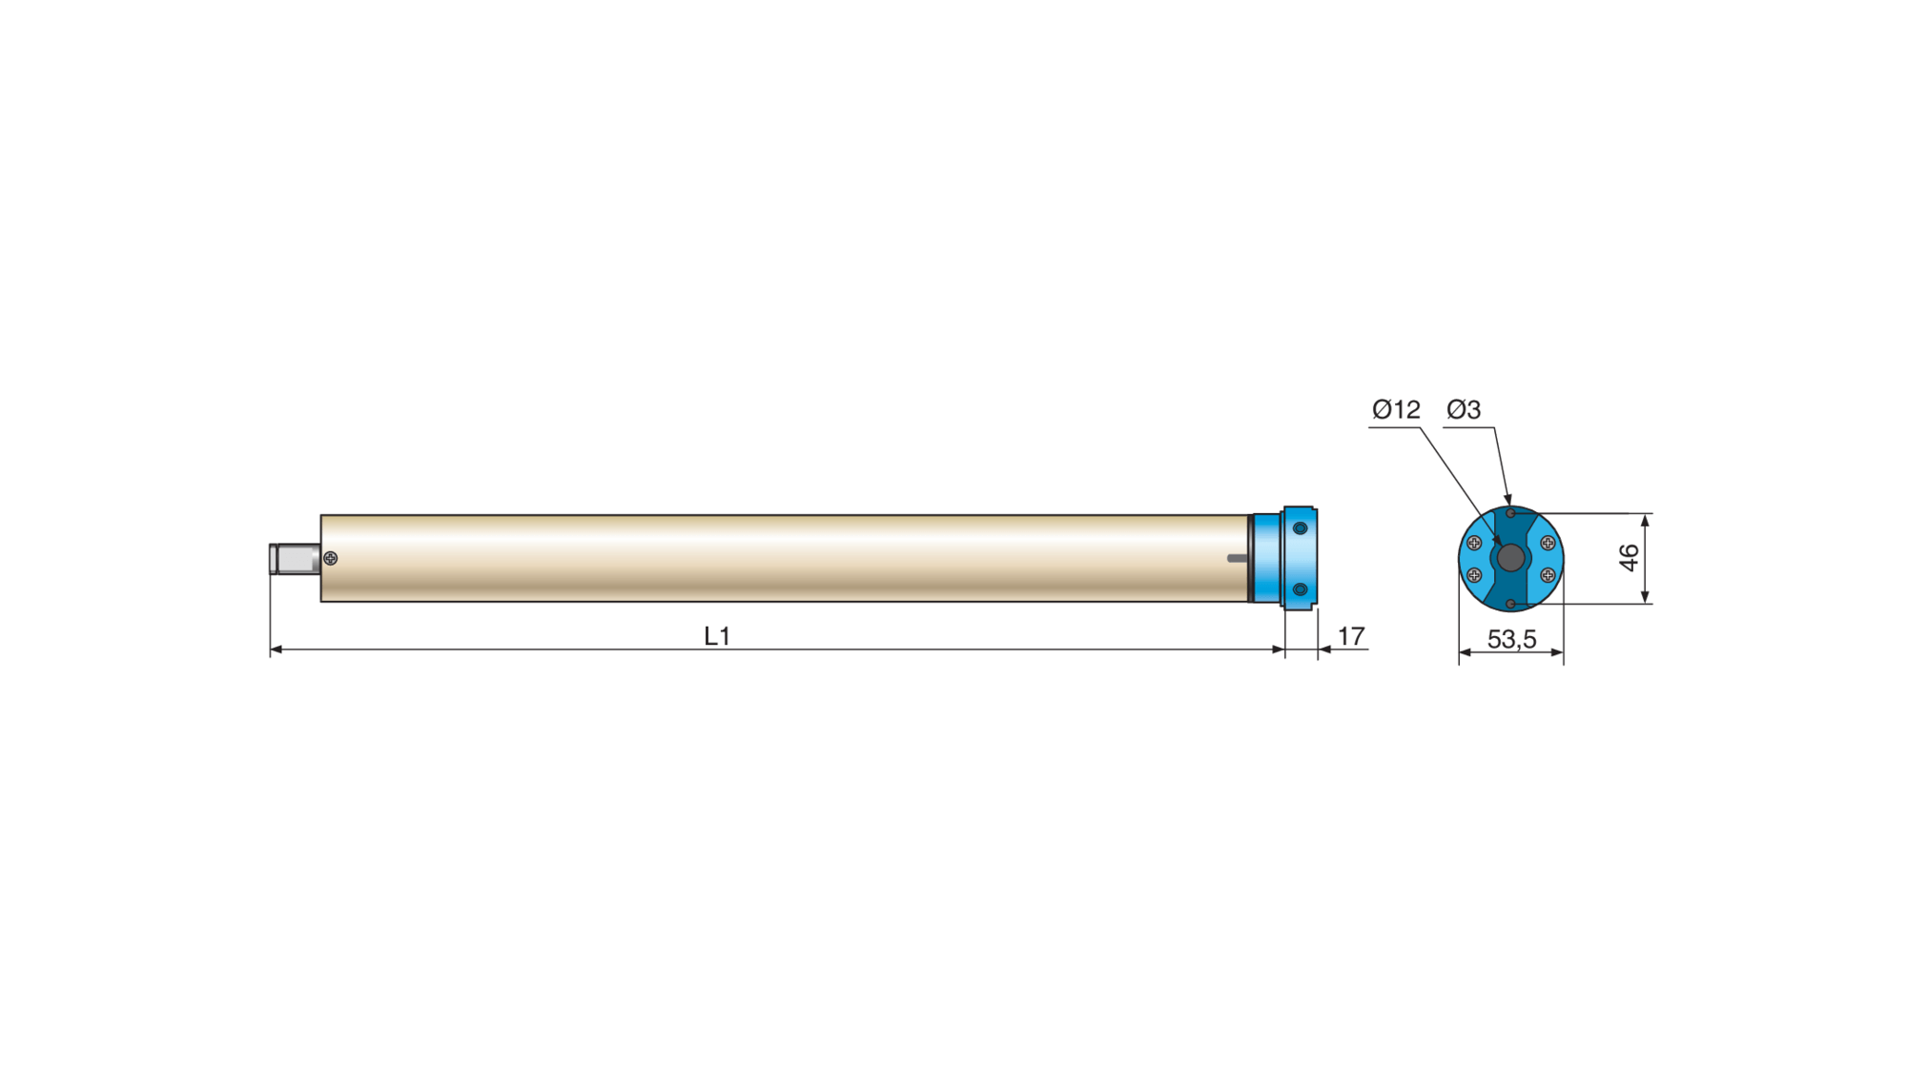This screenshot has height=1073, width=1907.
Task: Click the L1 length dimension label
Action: tap(716, 636)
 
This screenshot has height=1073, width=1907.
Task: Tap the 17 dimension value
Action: tap(1351, 636)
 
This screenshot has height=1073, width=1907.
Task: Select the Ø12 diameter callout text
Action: tap(1396, 410)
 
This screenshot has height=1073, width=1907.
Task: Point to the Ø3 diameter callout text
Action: tap(1464, 410)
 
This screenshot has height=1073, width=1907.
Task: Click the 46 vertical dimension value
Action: tap(1630, 558)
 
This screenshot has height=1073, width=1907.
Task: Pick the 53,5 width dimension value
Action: tap(1511, 639)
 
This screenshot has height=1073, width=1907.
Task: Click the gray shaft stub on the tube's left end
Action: tap(295, 559)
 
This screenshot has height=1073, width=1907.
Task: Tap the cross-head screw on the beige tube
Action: tap(331, 558)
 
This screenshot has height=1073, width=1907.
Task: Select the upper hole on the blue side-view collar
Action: tap(1300, 528)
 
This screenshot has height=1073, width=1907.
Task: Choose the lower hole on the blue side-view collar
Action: tap(1300, 589)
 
